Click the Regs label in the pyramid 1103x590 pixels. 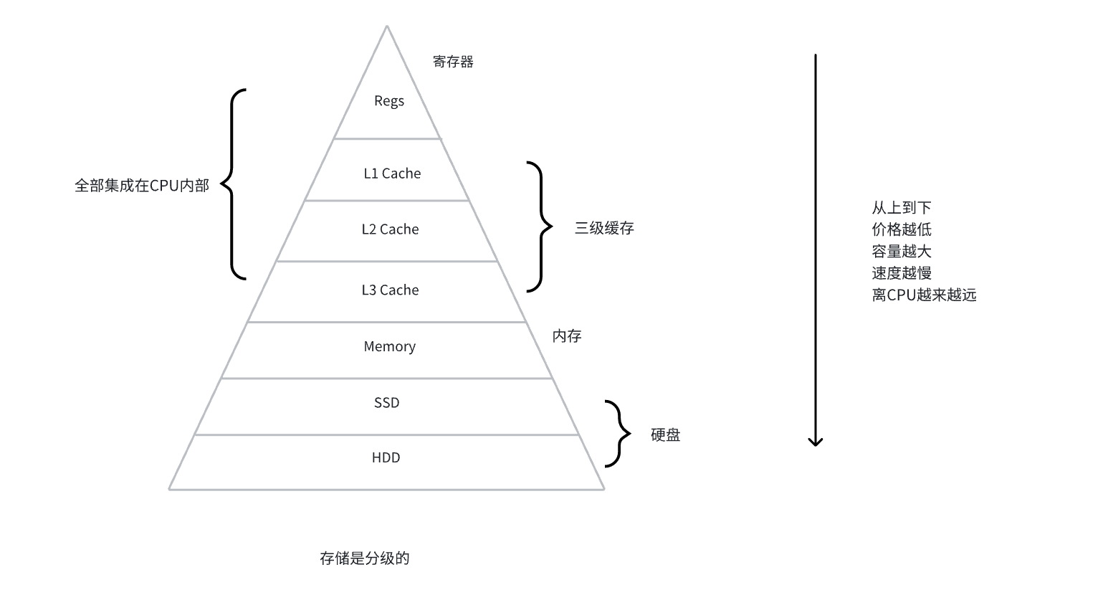pyautogui.click(x=389, y=101)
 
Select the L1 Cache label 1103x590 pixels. pyautogui.click(x=392, y=173)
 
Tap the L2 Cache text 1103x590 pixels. pyautogui.click(x=390, y=229)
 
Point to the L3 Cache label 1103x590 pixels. pyautogui.click(x=390, y=290)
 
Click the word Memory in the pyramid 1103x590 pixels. pyautogui.click(x=389, y=347)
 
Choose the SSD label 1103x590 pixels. pyautogui.click(x=387, y=403)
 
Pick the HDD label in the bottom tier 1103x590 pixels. pyautogui.click(x=386, y=458)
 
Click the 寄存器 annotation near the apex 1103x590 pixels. pyautogui.click(x=453, y=62)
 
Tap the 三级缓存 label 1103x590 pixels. pyautogui.click(x=604, y=229)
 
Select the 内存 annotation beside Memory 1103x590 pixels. pyautogui.click(x=566, y=336)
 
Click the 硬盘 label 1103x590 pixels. pyautogui.click(x=665, y=435)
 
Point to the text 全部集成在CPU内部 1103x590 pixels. pyautogui.click(x=142, y=186)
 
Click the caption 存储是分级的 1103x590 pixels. pyautogui.click(x=364, y=558)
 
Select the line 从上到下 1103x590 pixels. pyautogui.click(x=901, y=208)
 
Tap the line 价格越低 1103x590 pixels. pyautogui.click(x=901, y=229)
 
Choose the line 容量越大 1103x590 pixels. pyautogui.click(x=901, y=252)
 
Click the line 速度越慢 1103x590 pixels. pyautogui.click(x=901, y=273)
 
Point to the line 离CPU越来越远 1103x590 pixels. pyautogui.click(x=924, y=295)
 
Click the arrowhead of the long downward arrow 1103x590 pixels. pyautogui.click(x=815, y=442)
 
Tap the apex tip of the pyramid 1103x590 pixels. pyautogui.click(x=387, y=27)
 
